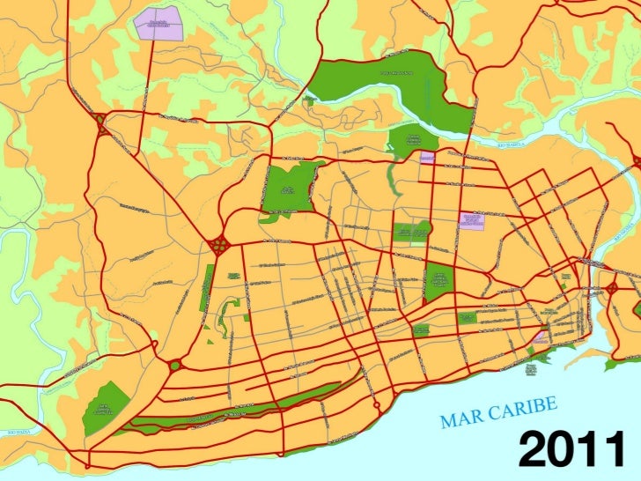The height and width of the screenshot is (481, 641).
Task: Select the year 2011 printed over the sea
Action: point(570,452)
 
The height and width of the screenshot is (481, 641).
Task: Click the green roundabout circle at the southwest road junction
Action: point(174,364)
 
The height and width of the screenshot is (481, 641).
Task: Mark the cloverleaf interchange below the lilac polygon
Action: point(101,124)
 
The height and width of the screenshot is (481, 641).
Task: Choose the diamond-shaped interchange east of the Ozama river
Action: point(635,161)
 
